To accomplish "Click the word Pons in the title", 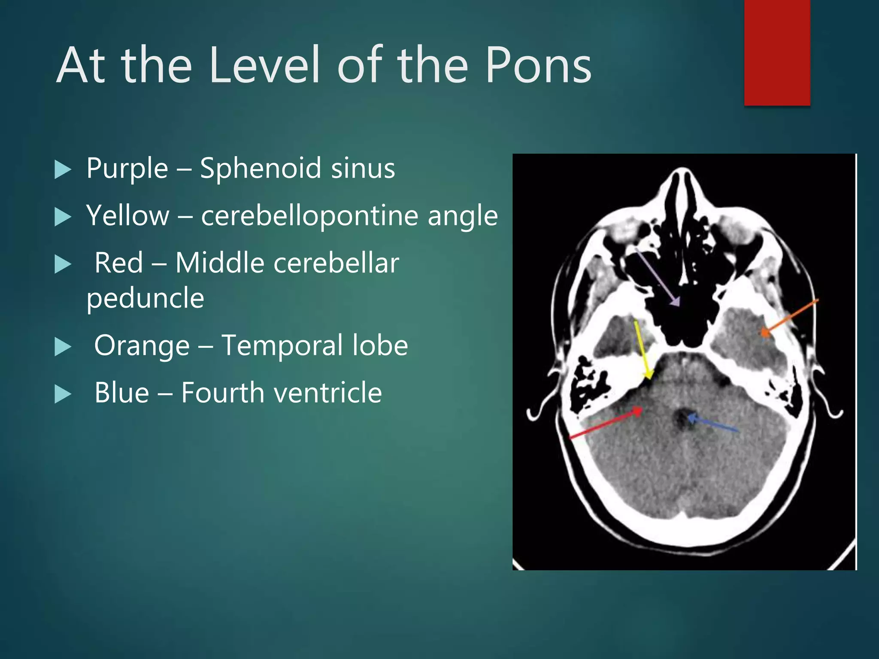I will tap(539, 65).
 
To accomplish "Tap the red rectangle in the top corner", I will tap(777, 52).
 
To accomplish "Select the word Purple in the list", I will tap(127, 168).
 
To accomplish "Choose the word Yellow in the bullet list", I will tap(128, 215).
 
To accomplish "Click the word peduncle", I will tap(145, 298).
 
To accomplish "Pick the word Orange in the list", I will tap(142, 345).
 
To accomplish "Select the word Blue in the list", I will tap(121, 393).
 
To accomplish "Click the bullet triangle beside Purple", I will tap(63, 169).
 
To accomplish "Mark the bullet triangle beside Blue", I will tap(63, 394).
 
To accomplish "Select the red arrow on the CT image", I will tap(605, 424).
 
